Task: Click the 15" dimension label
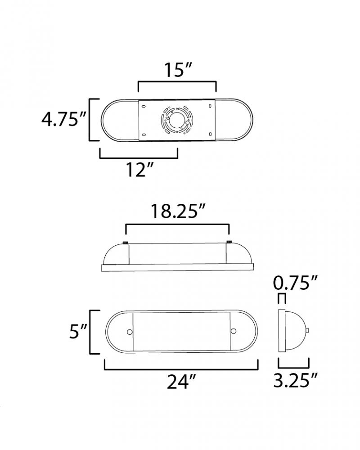point(178,70)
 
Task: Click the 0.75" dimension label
point(295,283)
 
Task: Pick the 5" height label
point(78,331)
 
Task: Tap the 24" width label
point(181,382)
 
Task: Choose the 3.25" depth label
point(295,380)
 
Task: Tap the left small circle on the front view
point(130,332)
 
